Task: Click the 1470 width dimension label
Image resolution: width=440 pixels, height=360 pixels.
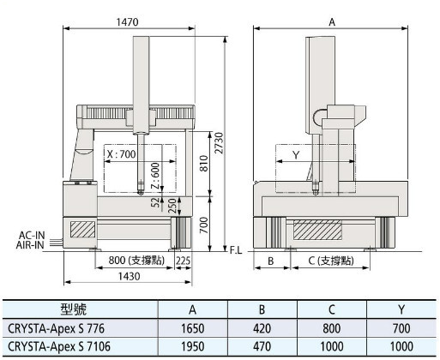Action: coord(128,22)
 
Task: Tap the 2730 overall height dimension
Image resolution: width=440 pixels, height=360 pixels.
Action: coord(220,143)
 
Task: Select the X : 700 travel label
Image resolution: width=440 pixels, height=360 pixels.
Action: coord(121,154)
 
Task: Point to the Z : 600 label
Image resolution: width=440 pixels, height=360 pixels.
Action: coord(155,176)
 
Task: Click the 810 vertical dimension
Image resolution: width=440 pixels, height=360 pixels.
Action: coord(203,164)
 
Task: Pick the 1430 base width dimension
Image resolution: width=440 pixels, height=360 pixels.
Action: coord(130,276)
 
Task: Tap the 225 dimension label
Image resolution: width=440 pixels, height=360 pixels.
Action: coord(183,261)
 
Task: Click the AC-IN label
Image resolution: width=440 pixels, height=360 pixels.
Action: coord(32,236)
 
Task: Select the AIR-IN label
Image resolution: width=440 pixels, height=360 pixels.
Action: coord(30,245)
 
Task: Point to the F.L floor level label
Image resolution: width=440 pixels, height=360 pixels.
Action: coord(236,250)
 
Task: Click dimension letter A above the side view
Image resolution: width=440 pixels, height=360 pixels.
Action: coord(332,22)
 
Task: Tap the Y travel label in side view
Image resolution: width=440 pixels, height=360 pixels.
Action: coord(296,155)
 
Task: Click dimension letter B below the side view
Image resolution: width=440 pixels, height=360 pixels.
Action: coord(270,261)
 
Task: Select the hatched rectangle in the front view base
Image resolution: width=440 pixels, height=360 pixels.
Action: coord(82,229)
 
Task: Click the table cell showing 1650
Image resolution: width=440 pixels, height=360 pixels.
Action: coord(193,328)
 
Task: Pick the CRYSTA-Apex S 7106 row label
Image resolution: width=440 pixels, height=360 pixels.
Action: coord(59,346)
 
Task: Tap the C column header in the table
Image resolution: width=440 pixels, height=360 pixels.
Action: coord(332,309)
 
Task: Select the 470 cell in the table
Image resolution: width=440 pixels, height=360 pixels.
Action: coord(262,346)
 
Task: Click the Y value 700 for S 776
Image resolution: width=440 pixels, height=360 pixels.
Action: coord(401,328)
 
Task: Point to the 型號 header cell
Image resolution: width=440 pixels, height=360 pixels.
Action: coord(74,309)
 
